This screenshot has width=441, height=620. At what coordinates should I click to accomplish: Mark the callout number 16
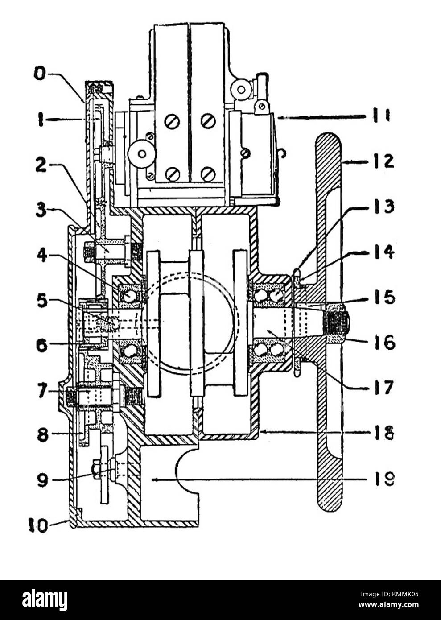click(x=382, y=343)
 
